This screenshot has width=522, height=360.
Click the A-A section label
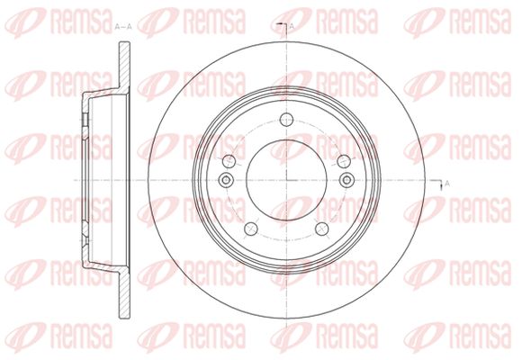[123, 27]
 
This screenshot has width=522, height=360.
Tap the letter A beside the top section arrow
[292, 26]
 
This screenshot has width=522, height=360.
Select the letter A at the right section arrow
[447, 184]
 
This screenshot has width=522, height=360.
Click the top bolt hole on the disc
[286, 120]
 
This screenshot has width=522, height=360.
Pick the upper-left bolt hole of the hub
[229, 161]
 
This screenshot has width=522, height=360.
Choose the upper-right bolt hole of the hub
[344, 161]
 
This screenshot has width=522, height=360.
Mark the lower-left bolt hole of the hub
[251, 229]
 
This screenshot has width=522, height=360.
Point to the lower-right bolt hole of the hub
[322, 229]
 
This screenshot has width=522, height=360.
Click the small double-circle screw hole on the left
[227, 180]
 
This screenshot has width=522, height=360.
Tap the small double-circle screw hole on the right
[346, 180]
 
